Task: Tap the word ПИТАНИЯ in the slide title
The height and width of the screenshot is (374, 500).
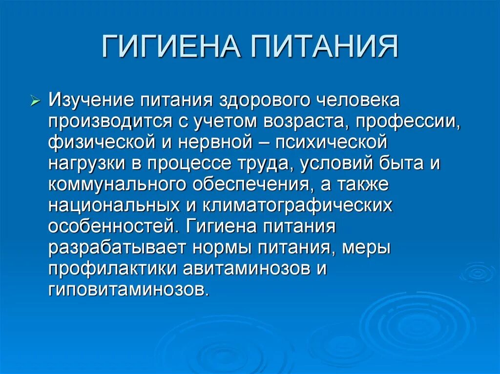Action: pos(325,48)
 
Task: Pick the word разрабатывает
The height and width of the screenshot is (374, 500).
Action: pos(117,248)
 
